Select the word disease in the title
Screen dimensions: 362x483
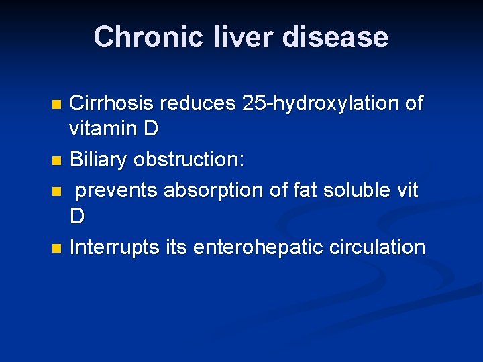point(335,37)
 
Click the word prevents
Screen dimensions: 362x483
point(117,190)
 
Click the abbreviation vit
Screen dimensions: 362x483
point(406,190)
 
